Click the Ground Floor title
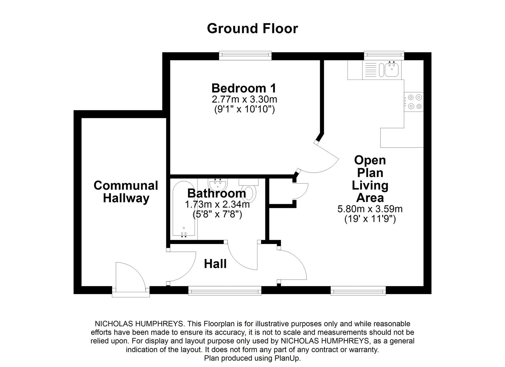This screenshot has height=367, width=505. click(252, 29)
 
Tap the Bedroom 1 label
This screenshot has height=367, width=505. click(244, 88)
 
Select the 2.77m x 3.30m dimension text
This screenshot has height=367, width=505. click(244, 100)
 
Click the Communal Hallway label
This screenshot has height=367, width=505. click(126, 192)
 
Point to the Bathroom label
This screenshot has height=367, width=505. click(217, 193)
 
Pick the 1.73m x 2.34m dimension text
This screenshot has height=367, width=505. click(217, 205)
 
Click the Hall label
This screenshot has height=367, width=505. click(215, 264)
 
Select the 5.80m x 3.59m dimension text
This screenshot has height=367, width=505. click(370, 209)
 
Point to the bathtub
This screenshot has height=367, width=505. click(184, 209)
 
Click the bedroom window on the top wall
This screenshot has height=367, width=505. click(245, 55)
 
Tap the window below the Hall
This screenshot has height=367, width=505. click(225, 291)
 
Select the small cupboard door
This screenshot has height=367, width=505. click(301, 191)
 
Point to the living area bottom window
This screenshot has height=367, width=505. click(358, 291)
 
